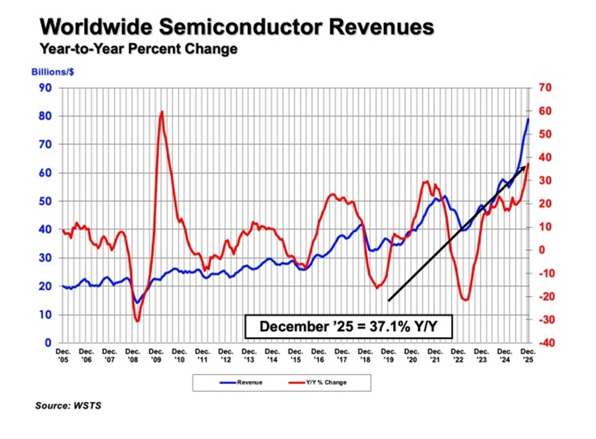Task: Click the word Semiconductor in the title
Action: click(x=238, y=27)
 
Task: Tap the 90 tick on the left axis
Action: click(x=46, y=88)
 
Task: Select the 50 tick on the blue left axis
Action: click(x=46, y=201)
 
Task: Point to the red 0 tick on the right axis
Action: click(x=541, y=250)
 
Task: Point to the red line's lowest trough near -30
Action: click(x=137, y=322)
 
